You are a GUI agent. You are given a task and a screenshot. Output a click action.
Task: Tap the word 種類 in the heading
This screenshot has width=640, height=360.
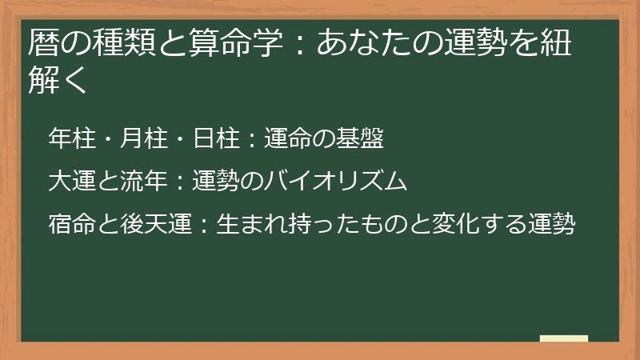[x=121, y=42]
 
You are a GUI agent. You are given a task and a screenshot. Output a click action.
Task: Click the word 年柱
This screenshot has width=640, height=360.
[x=70, y=139]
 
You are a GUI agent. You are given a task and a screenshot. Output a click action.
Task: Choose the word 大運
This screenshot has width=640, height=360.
[x=70, y=182]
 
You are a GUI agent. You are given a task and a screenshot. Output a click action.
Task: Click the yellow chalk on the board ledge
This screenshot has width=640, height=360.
[x=564, y=338]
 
